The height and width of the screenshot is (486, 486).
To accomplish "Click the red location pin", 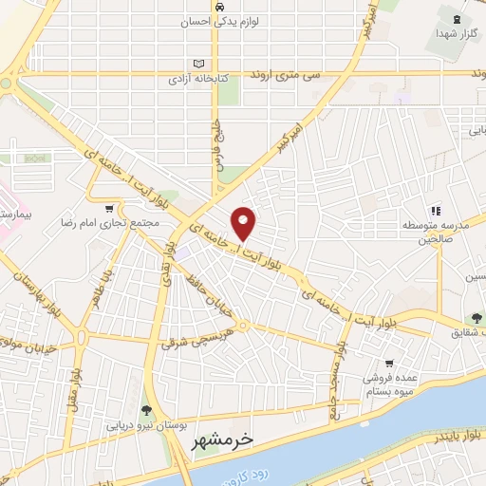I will [245, 223].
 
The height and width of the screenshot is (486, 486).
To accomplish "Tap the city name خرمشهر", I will [223, 441].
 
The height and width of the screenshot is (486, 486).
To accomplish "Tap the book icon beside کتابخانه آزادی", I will [197, 65].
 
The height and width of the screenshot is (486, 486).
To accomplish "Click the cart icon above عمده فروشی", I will [389, 364].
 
